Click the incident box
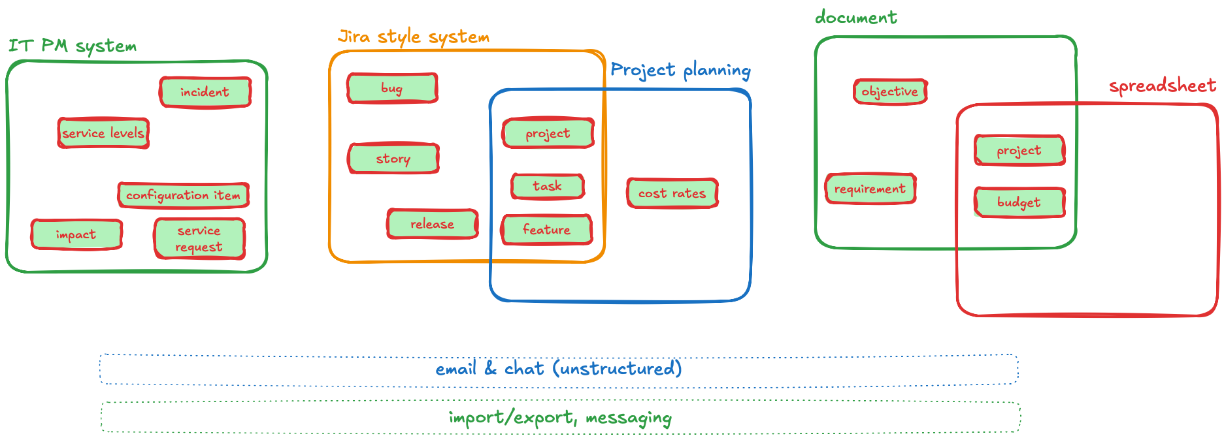(205, 92)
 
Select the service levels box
(103, 133)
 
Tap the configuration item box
(184, 195)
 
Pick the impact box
(76, 234)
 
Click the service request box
(199, 238)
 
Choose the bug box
(392, 88)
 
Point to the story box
(393, 159)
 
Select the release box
(432, 224)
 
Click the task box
(547, 186)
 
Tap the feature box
(547, 230)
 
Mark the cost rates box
(672, 193)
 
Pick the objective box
(890, 91)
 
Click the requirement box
(870, 189)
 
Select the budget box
(1019, 202)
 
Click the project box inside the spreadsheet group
(1019, 151)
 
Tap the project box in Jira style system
(548, 133)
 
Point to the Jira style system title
(414, 37)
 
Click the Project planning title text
(680, 70)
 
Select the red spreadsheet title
(1163, 86)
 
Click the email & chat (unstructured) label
(559, 369)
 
